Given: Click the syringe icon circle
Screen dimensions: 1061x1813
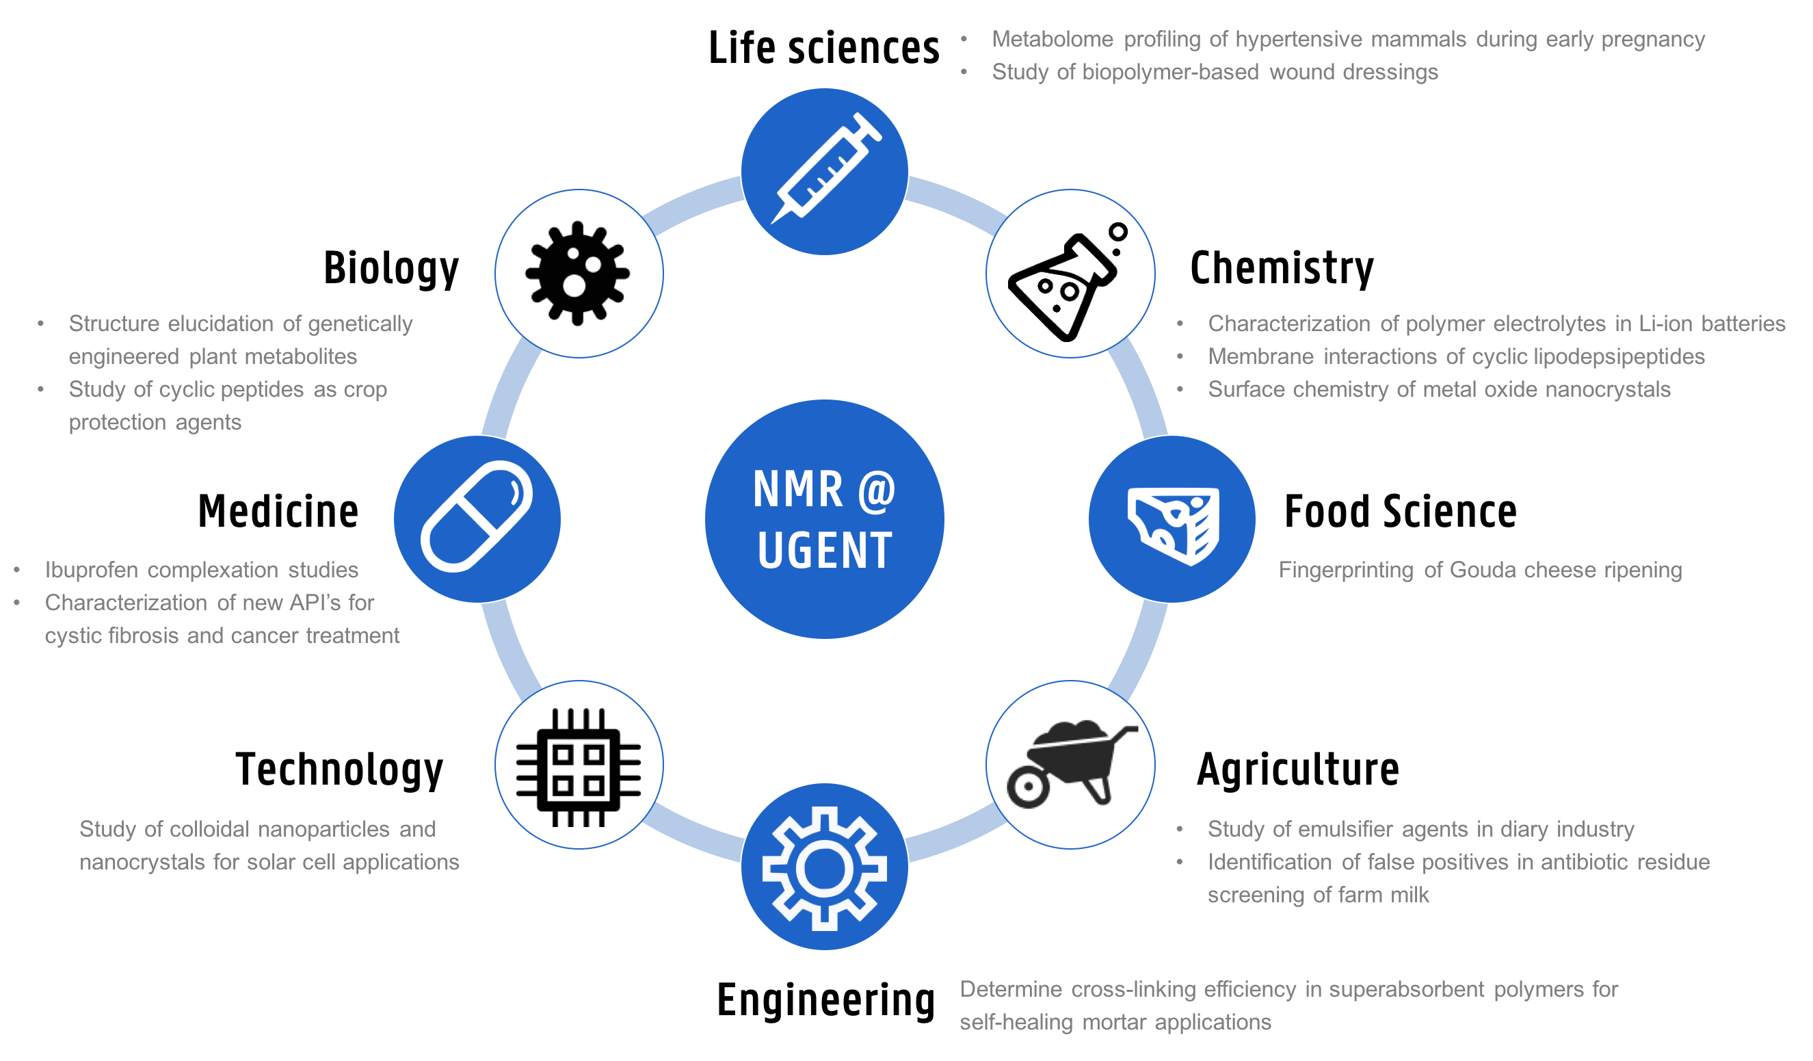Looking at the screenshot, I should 825,171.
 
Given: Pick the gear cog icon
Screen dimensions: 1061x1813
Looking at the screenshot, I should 825,867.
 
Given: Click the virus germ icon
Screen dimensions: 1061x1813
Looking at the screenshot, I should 579,274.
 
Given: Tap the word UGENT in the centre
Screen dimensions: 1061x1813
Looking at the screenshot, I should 825,551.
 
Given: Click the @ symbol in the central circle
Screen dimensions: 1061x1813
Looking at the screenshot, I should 876,490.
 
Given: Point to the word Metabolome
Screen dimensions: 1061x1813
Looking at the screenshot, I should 1053,39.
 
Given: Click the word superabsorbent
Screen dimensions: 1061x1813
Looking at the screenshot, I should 1407,990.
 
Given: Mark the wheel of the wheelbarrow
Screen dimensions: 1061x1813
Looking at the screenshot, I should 1028,787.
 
